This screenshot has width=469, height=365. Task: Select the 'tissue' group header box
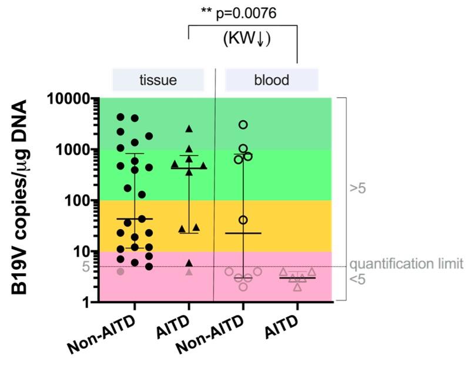(158, 79)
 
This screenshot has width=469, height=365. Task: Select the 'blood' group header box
(272, 79)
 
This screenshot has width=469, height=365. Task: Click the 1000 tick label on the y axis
(76, 150)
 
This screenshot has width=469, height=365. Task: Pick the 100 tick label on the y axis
(80, 201)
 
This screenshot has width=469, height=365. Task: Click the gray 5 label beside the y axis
(86, 267)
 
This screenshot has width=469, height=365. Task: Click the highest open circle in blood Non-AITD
(243, 124)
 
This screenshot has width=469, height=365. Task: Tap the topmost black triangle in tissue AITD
(189, 129)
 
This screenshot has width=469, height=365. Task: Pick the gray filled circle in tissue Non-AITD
(120, 271)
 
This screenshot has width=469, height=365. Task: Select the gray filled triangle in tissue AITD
(189, 272)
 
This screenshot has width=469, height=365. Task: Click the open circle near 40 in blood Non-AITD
(243, 220)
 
